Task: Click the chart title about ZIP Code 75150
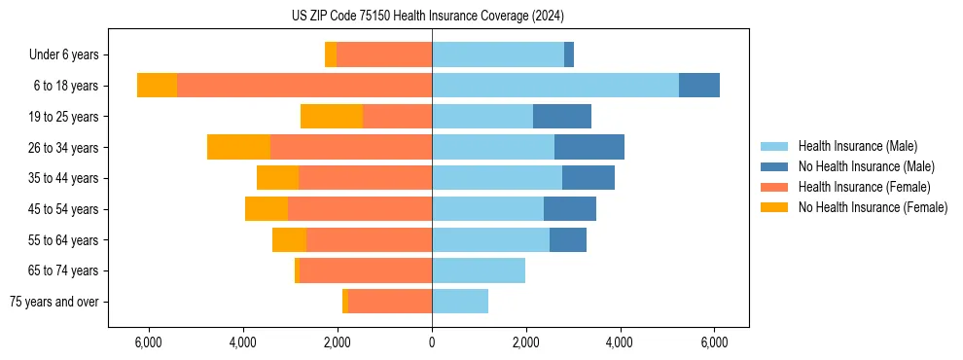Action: [427, 16]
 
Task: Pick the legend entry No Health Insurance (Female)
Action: [873, 207]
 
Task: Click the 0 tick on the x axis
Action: [432, 343]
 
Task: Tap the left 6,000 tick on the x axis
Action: [149, 343]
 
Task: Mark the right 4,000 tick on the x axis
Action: [620, 343]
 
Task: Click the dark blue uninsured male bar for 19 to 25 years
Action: [562, 117]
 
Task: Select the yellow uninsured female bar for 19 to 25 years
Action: [332, 117]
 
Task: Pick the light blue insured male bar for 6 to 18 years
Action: [555, 86]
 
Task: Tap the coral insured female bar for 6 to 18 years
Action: [304, 86]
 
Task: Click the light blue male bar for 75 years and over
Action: [460, 302]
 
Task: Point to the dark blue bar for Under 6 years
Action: [569, 55]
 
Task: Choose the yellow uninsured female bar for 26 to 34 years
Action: [239, 148]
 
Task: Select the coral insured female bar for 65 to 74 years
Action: [366, 270]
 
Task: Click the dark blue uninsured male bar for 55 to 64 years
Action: [568, 240]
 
